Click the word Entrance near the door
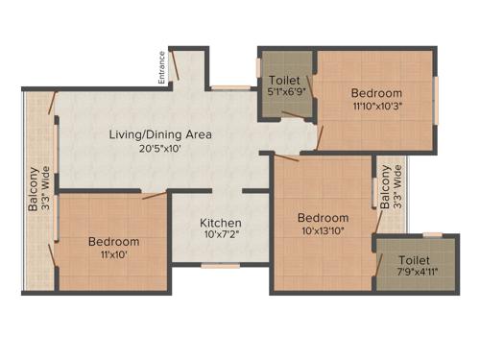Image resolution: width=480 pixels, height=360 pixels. coord(162,67)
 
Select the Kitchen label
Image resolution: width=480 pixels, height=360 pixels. coord(220,223)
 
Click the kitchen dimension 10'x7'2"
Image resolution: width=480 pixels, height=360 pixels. coord(220,236)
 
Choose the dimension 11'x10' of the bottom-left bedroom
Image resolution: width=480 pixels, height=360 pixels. coord(113,254)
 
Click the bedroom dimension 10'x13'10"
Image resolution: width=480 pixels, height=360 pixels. coord(323,230)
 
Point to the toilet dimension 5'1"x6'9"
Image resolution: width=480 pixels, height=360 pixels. coord(286,94)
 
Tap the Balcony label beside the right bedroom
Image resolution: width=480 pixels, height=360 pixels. coord(386,188)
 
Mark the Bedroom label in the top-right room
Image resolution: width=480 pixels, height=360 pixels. coord(375,92)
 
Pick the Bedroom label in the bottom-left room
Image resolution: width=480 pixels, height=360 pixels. coord(113,241)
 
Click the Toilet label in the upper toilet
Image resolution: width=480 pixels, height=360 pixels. coord(286,81)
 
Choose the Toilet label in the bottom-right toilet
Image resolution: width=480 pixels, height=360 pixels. coord(415,260)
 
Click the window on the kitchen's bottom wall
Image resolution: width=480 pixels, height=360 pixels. coord(220,266)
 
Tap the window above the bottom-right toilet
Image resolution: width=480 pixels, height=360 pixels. coord(433,234)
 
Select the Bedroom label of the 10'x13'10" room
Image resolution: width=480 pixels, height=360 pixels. coord(323,216)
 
